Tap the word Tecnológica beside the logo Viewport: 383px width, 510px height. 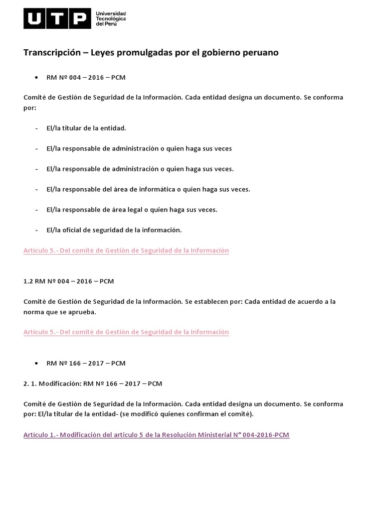111,19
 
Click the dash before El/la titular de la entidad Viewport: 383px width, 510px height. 37,128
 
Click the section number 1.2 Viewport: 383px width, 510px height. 28,281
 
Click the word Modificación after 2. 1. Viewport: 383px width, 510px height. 59,383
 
